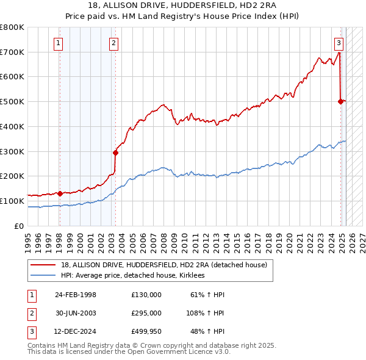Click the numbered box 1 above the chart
(x=58, y=43)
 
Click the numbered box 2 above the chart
(x=114, y=43)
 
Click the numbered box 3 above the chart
(x=339, y=43)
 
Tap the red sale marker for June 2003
(x=115, y=153)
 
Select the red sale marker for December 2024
(x=340, y=102)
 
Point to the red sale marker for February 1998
(x=60, y=193)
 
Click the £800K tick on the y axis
(x=12, y=27)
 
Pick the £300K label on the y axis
(x=12, y=151)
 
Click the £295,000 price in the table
(x=146, y=313)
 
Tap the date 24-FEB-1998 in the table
(x=76, y=295)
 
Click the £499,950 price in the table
(x=146, y=331)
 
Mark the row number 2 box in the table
(x=31, y=313)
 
